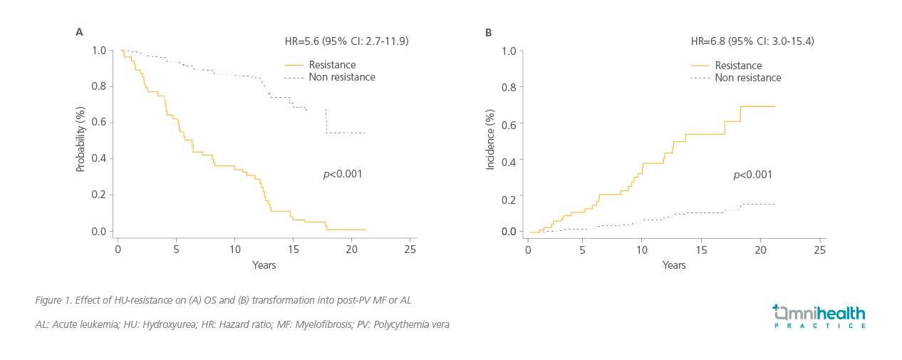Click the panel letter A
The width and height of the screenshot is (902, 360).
pyautogui.click(x=80, y=32)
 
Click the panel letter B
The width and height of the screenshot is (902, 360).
pyautogui.click(x=488, y=32)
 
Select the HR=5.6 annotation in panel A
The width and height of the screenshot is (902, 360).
pyautogui.click(x=346, y=41)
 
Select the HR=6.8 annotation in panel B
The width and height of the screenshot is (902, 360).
pyautogui.click(x=752, y=41)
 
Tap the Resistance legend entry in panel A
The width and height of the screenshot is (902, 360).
pyautogui.click(x=332, y=65)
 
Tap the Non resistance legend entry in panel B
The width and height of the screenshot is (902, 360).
pyautogui.click(x=747, y=78)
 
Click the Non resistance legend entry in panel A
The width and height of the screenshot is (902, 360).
pyautogui.click(x=341, y=77)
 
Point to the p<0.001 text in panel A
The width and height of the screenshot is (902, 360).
pyautogui.click(x=343, y=173)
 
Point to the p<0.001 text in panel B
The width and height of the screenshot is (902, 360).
pyautogui.click(x=752, y=175)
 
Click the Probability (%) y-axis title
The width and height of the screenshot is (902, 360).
pyautogui.click(x=81, y=140)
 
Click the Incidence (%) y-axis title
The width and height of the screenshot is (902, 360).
pyautogui.click(x=489, y=140)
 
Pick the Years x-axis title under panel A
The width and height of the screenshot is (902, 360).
pyautogui.click(x=264, y=265)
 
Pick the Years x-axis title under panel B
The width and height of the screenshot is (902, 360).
pyautogui.click(x=674, y=265)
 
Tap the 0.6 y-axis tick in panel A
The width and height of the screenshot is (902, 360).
pyautogui.click(x=98, y=123)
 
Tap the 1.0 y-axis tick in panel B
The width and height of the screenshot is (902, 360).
pyautogui.click(x=509, y=51)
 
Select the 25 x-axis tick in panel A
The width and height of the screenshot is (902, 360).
pyautogui.click(x=410, y=250)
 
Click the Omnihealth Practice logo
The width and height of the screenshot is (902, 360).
pyautogui.click(x=819, y=316)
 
